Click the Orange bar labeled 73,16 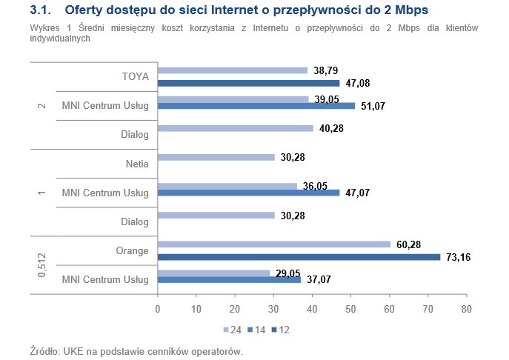click(299, 257)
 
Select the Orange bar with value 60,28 click(274, 244)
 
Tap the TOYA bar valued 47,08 click(249, 83)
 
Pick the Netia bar click(216, 157)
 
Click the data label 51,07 click(375, 107)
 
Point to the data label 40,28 click(333, 128)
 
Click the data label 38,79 click(327, 70)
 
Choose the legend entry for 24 click(232, 328)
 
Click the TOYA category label click(135, 76)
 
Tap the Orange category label click(133, 250)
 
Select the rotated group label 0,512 click(41, 264)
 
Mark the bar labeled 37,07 click(230, 279)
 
